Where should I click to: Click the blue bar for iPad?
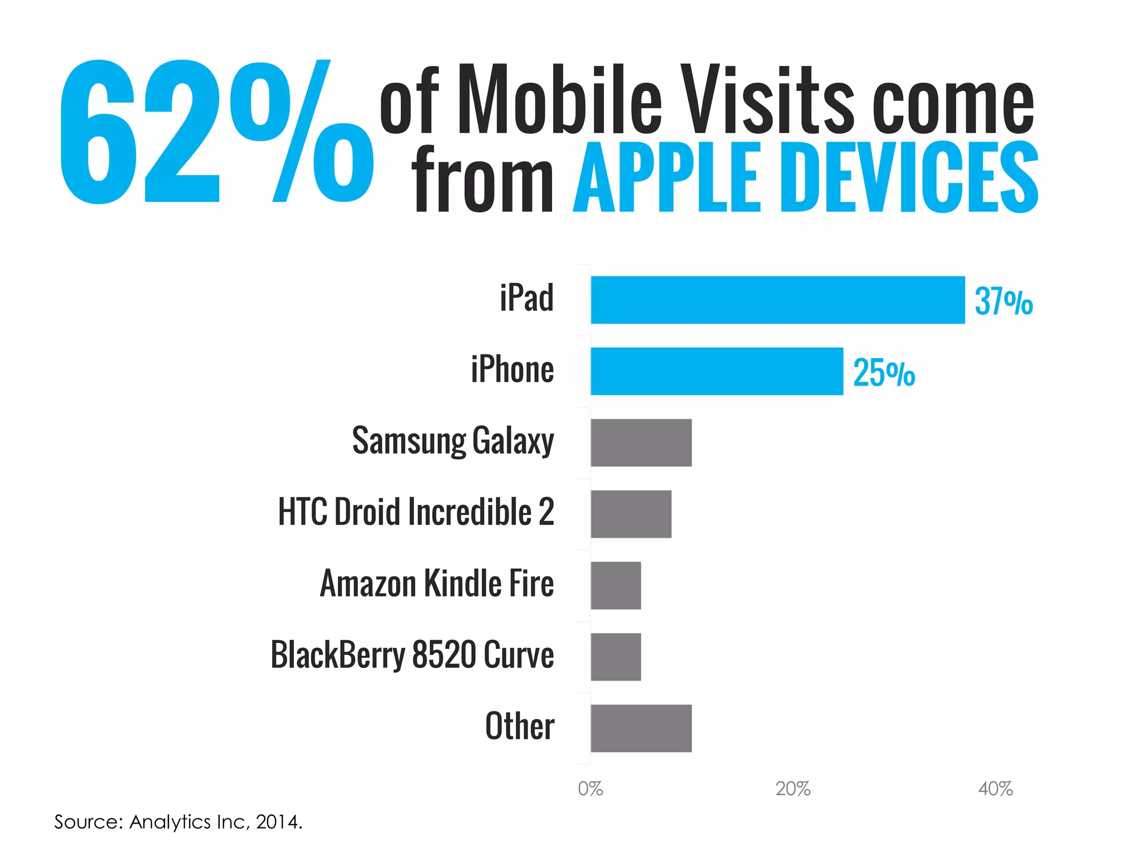[x=777, y=300]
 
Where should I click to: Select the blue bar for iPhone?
[x=717, y=371]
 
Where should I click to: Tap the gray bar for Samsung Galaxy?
[x=641, y=442]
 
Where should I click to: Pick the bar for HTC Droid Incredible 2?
[x=631, y=514]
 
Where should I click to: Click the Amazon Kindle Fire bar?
[x=616, y=585]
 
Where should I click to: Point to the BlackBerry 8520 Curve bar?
[x=616, y=657]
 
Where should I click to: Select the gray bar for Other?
[x=641, y=728]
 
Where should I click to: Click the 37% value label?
[x=1003, y=301]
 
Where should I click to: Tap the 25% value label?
[x=884, y=373]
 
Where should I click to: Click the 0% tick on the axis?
[x=590, y=789]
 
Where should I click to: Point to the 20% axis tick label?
[x=792, y=789]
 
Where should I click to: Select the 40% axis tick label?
[x=995, y=789]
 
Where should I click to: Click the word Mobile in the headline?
[x=560, y=100]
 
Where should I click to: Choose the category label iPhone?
[x=512, y=370]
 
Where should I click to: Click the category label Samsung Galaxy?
[x=453, y=441]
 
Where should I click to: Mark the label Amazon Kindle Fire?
[x=437, y=584]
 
